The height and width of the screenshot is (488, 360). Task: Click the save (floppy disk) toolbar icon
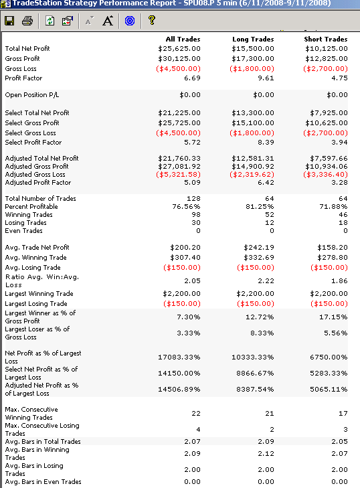[x=9, y=21]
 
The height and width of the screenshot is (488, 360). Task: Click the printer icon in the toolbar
[x=27, y=21]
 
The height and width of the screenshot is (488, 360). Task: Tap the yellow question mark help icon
[x=151, y=20]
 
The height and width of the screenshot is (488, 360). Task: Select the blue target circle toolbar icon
[x=130, y=21]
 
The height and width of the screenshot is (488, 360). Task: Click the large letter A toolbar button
[x=108, y=21]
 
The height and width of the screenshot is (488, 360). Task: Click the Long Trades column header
[x=253, y=39]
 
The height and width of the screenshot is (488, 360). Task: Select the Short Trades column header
[x=326, y=39]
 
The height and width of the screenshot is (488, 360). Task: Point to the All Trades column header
[x=183, y=39]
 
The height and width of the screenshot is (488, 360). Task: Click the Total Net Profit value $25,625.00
[x=179, y=49]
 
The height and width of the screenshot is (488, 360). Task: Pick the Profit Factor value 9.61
[x=266, y=78]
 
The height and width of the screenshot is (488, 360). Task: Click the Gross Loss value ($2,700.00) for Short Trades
[x=325, y=68]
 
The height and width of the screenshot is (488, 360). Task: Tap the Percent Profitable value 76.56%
[x=186, y=207]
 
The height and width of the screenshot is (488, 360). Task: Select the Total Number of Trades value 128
[x=193, y=199]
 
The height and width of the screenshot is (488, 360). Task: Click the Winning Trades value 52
[x=270, y=215]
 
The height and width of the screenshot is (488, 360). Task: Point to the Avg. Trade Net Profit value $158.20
[x=333, y=248]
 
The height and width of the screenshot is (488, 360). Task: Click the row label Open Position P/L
[x=31, y=95]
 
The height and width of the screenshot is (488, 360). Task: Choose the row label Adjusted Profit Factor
[x=38, y=183]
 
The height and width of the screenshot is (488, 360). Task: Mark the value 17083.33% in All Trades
[x=179, y=357]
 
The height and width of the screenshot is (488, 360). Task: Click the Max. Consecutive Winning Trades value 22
[x=196, y=414]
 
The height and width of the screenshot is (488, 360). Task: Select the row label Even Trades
[x=23, y=231]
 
